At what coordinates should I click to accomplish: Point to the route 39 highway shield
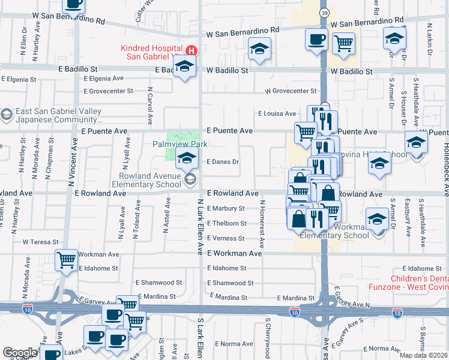click(x=324, y=13)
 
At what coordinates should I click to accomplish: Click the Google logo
click(x=20, y=352)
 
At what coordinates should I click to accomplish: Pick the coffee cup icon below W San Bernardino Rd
click(x=316, y=40)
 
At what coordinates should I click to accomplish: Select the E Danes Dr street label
click(x=223, y=162)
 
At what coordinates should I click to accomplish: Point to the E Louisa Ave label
click(x=277, y=113)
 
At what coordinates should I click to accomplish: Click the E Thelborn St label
click(x=226, y=223)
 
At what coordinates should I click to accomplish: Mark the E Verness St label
click(x=225, y=238)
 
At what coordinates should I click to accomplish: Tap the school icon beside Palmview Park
click(x=187, y=158)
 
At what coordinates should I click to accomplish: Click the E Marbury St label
click(x=226, y=208)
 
